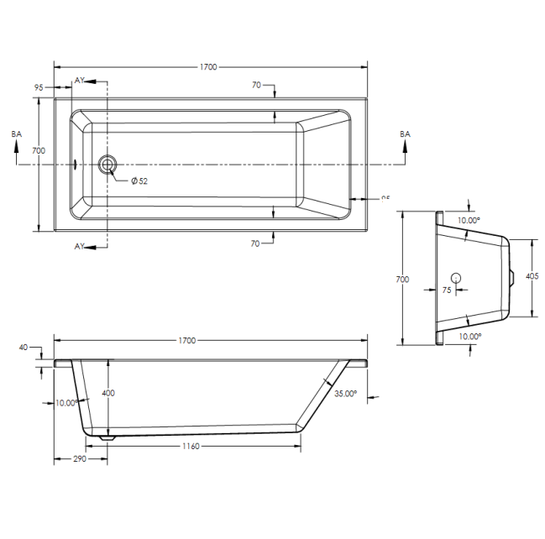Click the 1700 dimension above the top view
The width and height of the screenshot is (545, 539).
point(211,66)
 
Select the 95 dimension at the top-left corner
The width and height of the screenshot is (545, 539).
point(39,86)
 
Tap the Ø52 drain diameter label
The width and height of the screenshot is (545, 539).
point(139,181)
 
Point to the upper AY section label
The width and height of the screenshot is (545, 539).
point(80,80)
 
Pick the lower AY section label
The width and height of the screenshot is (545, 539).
point(80,246)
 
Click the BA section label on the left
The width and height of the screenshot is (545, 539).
point(16,134)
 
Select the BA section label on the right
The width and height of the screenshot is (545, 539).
point(405,134)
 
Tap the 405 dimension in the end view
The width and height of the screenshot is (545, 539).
point(531,276)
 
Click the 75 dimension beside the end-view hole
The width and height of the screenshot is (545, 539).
point(447,290)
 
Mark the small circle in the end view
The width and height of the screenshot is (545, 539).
point(456,277)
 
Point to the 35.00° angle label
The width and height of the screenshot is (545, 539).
point(345,393)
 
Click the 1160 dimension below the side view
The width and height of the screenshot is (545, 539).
point(189,446)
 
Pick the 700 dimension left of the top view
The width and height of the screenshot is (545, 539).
point(38,150)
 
